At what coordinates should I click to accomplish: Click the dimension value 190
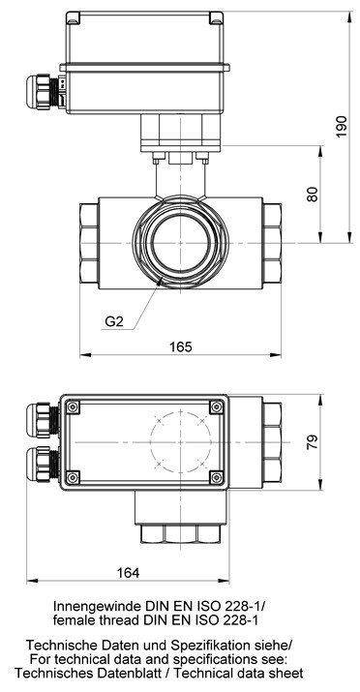341,127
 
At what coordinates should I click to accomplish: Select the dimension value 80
312,195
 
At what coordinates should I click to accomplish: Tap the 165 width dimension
181,346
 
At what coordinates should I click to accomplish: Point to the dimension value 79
312,442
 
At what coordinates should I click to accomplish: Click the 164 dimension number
128,573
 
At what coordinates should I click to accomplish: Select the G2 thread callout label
113,321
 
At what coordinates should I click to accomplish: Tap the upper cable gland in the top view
43,420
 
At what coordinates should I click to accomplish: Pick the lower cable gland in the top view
43,464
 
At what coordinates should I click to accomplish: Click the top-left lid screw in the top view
73,406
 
